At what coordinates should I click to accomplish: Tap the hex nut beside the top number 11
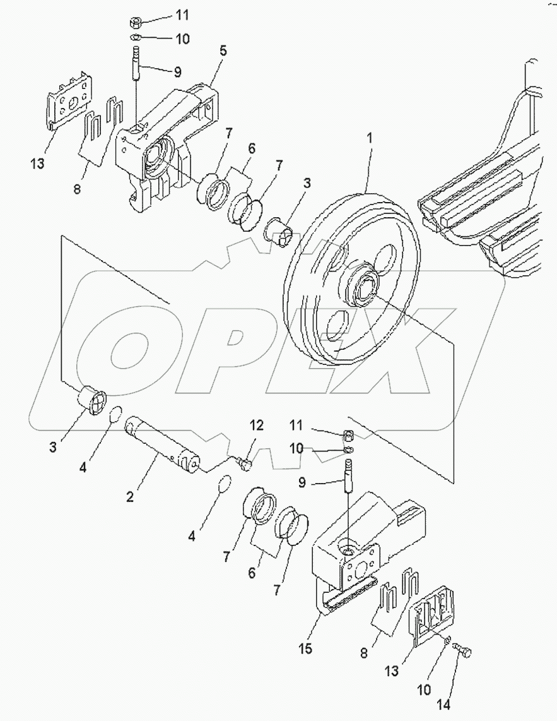pos(134,22)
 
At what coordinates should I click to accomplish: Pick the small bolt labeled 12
pos(245,464)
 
